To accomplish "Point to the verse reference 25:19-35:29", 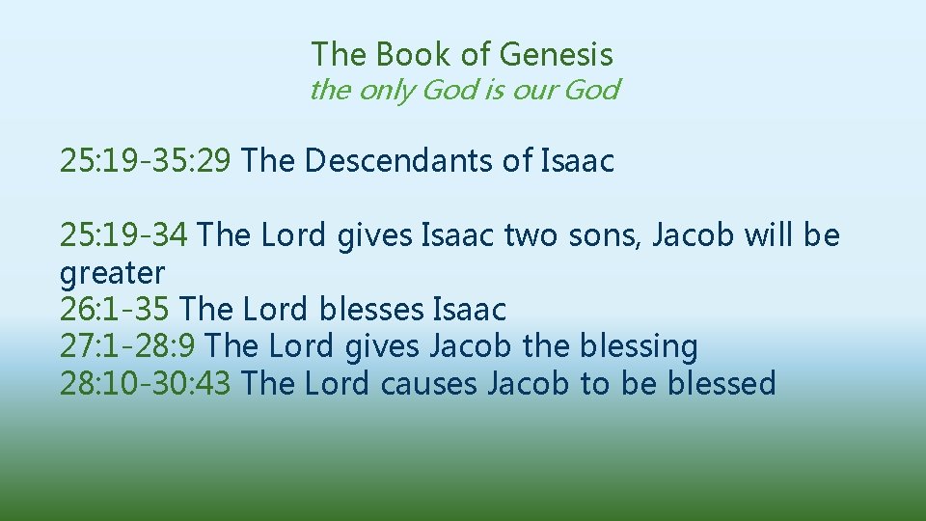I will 145,160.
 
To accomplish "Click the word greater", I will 112,272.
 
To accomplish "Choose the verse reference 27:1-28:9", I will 128,346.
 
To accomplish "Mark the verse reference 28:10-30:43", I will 145,383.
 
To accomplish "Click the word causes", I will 429,383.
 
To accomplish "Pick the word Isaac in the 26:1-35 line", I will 469,310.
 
